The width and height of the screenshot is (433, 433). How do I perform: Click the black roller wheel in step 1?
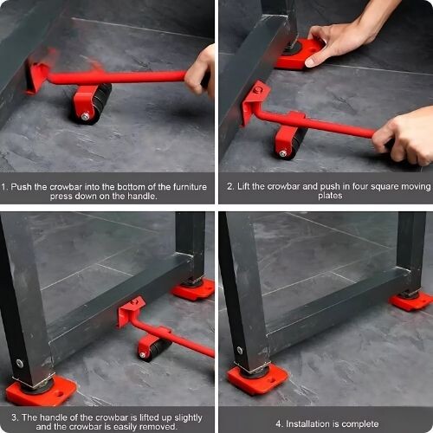(x=98, y=104)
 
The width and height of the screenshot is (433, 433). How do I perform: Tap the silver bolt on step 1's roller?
(x=85, y=116)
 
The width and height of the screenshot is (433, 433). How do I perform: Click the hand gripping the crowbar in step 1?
(x=200, y=72)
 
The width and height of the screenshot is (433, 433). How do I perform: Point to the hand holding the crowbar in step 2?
(x=404, y=136)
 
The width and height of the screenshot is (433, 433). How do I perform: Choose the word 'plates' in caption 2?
(x=330, y=196)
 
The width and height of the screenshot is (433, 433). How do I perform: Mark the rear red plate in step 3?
(x=194, y=290)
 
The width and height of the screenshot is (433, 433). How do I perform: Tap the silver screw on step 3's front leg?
(x=20, y=363)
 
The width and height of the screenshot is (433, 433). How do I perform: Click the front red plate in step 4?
(x=257, y=378)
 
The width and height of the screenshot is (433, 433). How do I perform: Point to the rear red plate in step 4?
(x=411, y=301)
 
